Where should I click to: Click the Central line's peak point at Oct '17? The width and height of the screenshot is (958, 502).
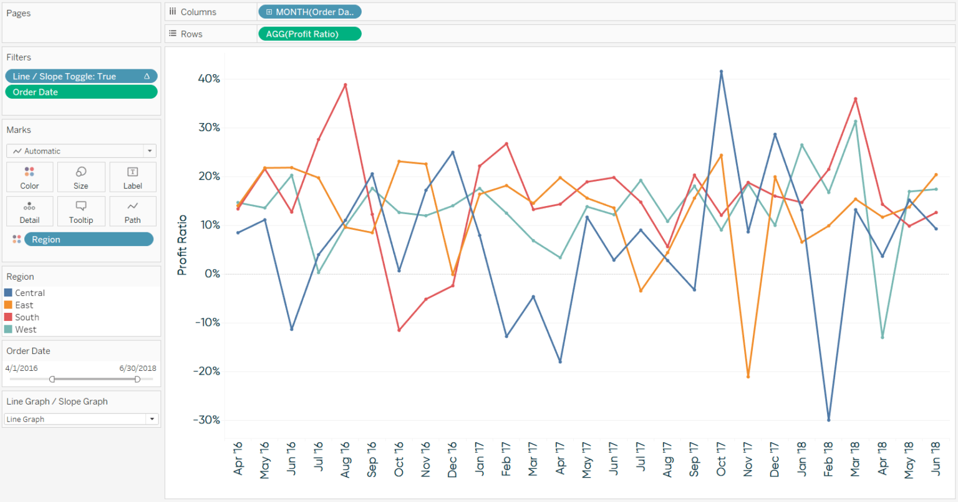[721, 72]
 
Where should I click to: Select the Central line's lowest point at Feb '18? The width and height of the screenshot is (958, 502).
[828, 420]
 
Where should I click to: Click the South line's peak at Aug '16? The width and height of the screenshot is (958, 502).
[345, 85]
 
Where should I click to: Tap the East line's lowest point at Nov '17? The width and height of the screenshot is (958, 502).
[748, 376]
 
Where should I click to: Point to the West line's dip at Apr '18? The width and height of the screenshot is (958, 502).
[882, 337]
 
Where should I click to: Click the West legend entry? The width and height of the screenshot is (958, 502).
[26, 330]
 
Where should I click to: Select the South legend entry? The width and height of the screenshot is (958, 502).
[27, 317]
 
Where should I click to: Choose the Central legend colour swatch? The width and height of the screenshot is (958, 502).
[8, 293]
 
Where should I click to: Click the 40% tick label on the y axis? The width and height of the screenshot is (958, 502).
[208, 79]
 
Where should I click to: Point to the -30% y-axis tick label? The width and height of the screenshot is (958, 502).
[206, 420]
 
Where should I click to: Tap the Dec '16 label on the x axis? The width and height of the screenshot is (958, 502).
[452, 460]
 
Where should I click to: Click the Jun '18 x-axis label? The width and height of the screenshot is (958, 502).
[936, 459]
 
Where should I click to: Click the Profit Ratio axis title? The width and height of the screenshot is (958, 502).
[182, 245]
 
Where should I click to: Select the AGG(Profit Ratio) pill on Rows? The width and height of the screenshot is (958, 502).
[309, 34]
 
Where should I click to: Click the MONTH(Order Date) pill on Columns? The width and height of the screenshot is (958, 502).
[309, 12]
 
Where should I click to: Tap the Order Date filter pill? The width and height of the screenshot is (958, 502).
[81, 92]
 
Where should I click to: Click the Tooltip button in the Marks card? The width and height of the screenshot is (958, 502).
[81, 211]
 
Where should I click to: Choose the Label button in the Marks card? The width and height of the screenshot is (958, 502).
[132, 177]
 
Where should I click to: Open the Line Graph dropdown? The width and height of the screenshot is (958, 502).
[81, 420]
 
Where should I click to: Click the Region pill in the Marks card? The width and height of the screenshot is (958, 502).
[89, 239]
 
